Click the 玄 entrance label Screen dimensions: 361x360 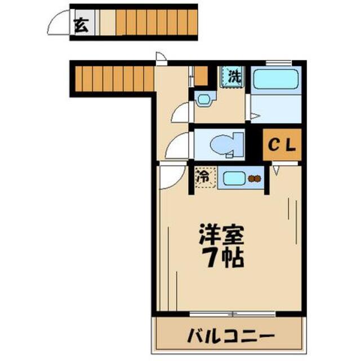click(x=81, y=25)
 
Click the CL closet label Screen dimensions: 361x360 click(x=282, y=145)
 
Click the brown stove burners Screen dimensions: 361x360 click(x=255, y=179)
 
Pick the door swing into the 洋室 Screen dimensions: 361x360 click(x=170, y=177)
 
